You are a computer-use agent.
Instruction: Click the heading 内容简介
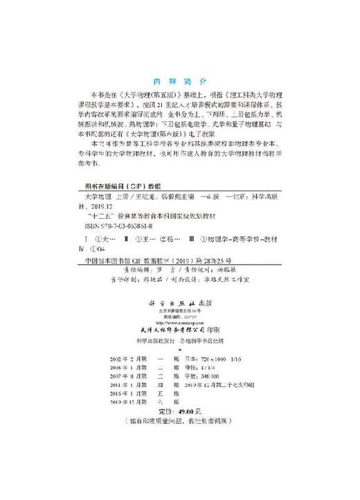click(x=179, y=79)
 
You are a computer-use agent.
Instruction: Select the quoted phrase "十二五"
click(x=96, y=215)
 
